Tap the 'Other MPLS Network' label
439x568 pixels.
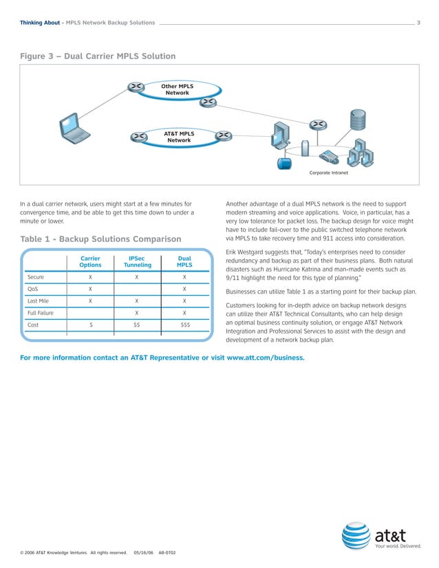177,89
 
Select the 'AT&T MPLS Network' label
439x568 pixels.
179,137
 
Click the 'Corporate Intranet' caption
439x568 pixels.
329,173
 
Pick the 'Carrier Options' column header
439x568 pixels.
90,262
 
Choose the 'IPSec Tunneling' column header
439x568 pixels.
137,262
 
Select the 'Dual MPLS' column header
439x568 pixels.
184,262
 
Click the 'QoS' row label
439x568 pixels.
32,290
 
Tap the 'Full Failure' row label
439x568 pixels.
40,313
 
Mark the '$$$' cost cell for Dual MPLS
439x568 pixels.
185,325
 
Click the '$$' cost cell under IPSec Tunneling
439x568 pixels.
137,325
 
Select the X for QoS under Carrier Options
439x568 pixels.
90,290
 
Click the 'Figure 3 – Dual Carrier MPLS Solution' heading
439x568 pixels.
97,56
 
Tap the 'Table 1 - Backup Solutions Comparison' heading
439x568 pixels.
100,239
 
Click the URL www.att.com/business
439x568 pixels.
265,358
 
